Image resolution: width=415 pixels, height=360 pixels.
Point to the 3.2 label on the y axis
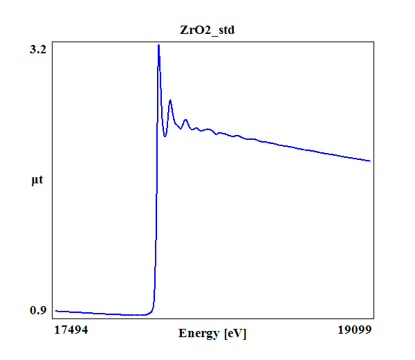click(38, 50)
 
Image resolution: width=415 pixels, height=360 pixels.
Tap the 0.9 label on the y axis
click(38, 310)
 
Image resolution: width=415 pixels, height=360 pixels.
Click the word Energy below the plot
click(200, 334)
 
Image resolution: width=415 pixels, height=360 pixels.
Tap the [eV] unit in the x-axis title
click(235, 334)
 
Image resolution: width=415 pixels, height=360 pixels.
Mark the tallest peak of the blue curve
click(159, 45)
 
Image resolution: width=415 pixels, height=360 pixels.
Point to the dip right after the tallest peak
click(165, 136)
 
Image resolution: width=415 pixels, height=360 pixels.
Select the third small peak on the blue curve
click(185, 120)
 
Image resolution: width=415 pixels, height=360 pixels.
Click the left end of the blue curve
click(56, 311)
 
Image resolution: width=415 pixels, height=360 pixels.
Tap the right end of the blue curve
click(370, 161)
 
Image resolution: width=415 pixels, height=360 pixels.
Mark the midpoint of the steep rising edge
click(156, 180)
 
